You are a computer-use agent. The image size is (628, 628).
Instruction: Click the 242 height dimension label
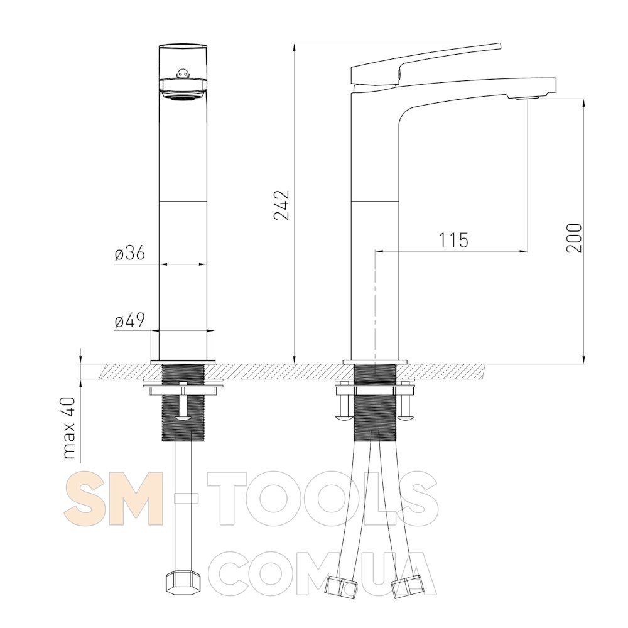pyautogui.click(x=281, y=205)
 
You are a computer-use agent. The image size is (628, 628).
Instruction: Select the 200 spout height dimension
pyautogui.click(x=574, y=238)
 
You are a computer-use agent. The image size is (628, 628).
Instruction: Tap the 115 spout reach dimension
pyautogui.click(x=454, y=241)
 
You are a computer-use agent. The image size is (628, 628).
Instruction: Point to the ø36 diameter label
pyautogui.click(x=129, y=254)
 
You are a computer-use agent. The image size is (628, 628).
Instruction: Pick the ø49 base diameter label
pyautogui.click(x=129, y=320)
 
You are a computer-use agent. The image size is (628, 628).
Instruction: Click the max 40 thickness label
pyautogui.click(x=69, y=428)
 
